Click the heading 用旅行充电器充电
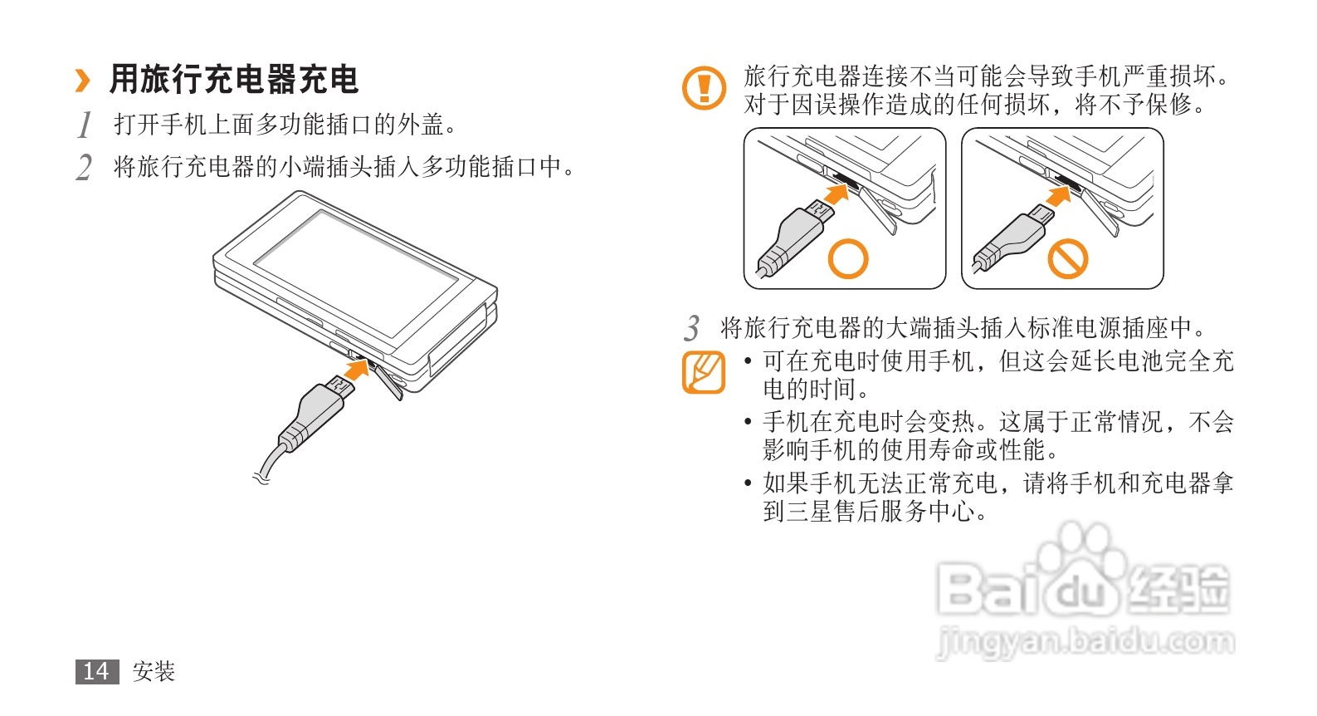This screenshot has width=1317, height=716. coord(234,80)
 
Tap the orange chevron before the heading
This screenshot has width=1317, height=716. coord(83,81)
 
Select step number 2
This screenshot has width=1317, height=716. coord(85,168)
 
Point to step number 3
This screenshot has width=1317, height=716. coord(692,328)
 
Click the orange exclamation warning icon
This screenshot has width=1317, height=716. coord(704,88)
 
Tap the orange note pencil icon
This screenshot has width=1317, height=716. coord(704,372)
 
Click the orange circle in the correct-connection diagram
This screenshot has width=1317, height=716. coord(848,259)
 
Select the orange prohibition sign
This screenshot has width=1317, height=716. coord(1068,259)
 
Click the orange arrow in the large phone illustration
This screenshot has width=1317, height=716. coord(356,370)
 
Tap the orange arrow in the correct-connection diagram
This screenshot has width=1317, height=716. coord(837,194)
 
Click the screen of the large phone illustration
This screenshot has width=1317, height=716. coord(356,273)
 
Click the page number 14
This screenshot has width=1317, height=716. coord(97,671)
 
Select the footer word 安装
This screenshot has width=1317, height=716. coord(154,671)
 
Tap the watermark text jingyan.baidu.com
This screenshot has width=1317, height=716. coord(1085,641)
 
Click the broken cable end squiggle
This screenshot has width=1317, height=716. coord(261,478)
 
